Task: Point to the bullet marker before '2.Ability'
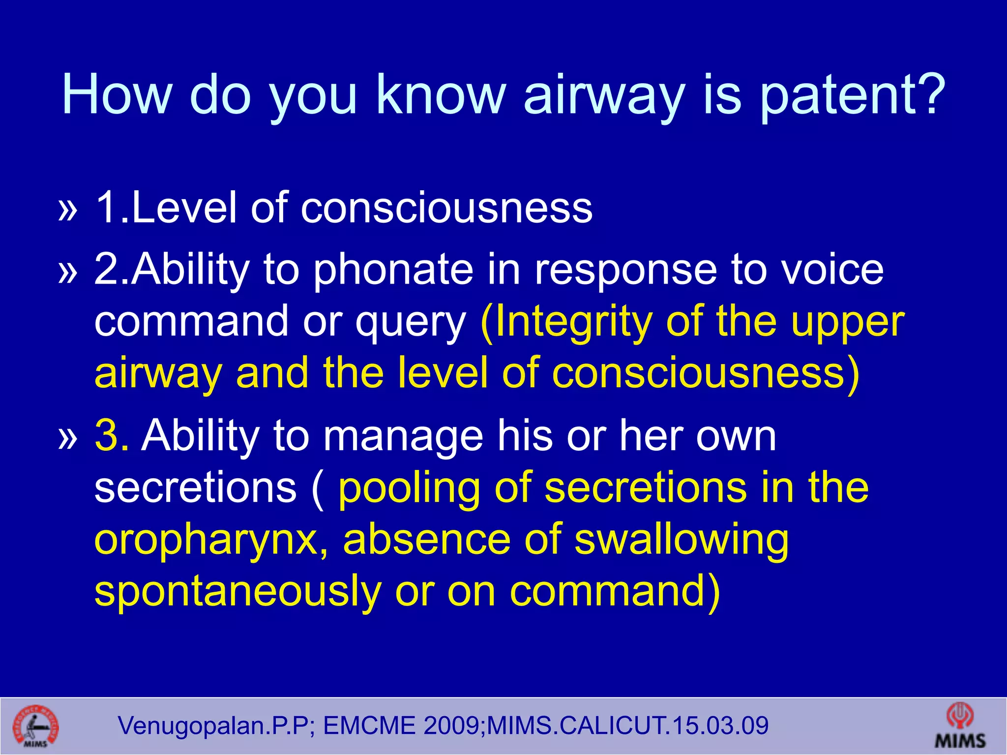click(x=68, y=271)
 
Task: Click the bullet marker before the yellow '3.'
click(x=68, y=437)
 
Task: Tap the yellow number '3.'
click(x=112, y=436)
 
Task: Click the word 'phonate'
click(x=393, y=270)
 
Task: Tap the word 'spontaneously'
click(x=238, y=592)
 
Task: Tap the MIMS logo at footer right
click(x=960, y=726)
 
